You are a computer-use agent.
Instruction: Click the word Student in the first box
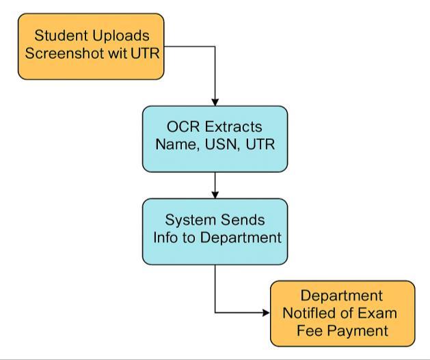pos(62,36)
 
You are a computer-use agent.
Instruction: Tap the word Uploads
pos(121,36)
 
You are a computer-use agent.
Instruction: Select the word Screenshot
pos(65,53)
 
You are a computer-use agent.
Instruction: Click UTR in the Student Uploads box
pos(145,53)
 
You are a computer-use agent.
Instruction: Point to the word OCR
pos(183,126)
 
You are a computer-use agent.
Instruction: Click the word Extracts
pos(233,127)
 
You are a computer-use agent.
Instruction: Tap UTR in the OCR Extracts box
pos(260,144)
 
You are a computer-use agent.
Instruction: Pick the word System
pos(190,220)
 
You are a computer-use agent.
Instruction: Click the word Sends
pos(243,220)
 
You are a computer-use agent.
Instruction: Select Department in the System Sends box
pos(241,238)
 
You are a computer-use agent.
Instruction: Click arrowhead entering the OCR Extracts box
pos(215,102)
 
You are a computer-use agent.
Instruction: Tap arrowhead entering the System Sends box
pos(215,195)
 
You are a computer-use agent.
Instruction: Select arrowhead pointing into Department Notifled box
pos(267,313)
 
